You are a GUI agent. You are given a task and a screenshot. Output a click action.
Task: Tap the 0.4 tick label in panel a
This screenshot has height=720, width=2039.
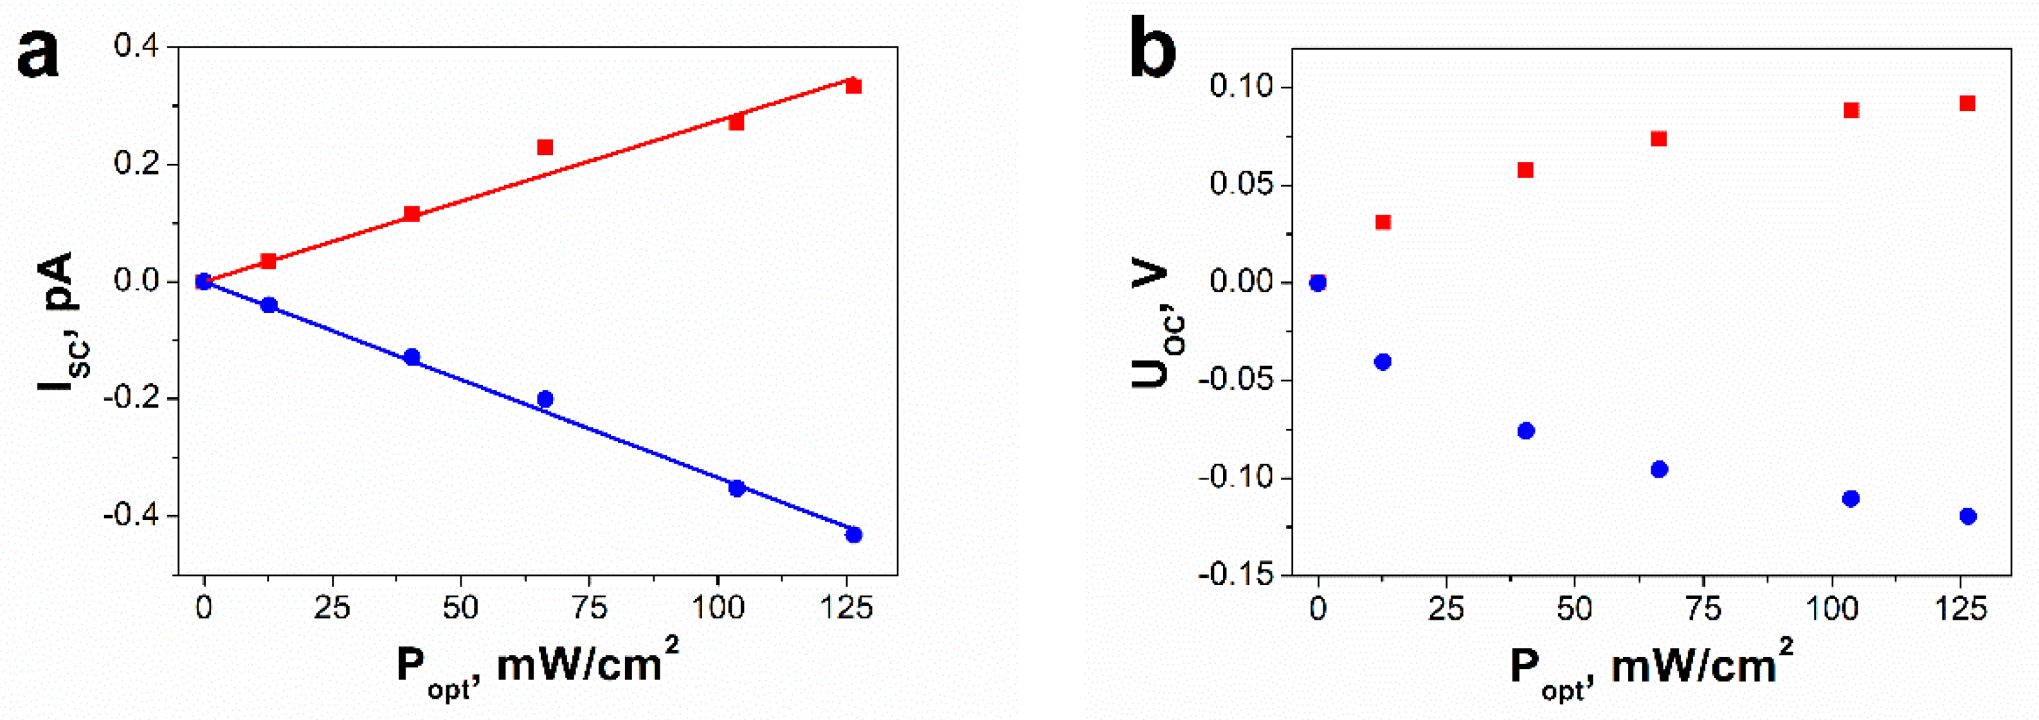[x=138, y=45]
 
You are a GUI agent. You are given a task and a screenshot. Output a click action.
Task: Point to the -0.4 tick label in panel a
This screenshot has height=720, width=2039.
[x=133, y=516]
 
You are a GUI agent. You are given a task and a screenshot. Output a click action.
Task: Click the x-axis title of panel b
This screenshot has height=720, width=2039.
[x=1651, y=668]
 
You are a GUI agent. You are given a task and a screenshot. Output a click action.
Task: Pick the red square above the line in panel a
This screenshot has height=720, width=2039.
[x=545, y=147]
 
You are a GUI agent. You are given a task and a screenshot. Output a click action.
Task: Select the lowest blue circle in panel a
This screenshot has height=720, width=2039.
[x=853, y=535]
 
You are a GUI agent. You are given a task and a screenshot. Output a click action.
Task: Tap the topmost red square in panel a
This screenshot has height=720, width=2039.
[x=853, y=85]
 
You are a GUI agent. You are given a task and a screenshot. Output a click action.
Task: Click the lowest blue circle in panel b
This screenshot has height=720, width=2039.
[x=1968, y=516]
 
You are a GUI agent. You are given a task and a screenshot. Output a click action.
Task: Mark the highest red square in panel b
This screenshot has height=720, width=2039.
[x=1968, y=104]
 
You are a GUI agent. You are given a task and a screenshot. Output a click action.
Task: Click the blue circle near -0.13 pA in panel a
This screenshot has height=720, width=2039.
[x=412, y=357]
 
